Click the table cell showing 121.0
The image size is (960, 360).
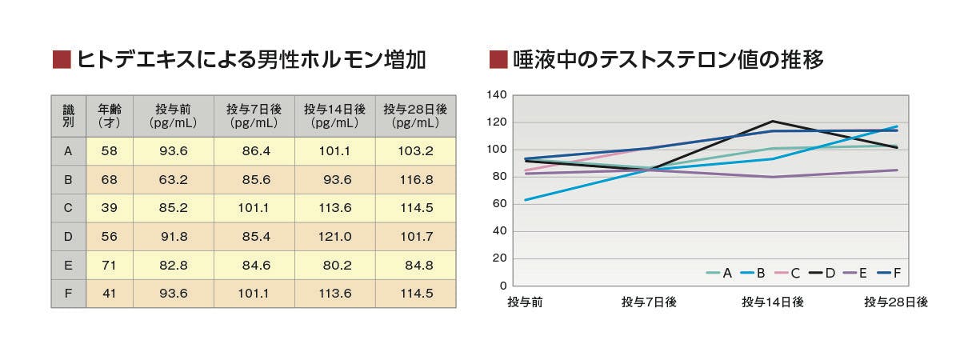point(335,236)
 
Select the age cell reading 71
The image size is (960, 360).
point(109,265)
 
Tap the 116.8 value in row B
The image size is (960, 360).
point(415,179)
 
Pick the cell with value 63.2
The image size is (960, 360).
point(173,179)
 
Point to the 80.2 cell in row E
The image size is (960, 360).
point(335,265)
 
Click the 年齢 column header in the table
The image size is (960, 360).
point(109,116)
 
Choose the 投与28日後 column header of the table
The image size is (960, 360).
point(415,116)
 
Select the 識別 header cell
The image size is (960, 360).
point(68,116)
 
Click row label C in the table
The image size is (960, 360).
point(68,207)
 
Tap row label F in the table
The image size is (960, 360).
point(68,294)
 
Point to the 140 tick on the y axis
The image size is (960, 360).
point(497,95)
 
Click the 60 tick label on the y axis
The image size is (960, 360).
point(499,204)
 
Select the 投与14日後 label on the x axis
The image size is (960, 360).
point(772,302)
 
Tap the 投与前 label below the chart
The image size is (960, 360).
point(525,302)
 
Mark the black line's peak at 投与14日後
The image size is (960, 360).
point(772,122)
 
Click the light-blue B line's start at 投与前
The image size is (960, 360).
point(525,200)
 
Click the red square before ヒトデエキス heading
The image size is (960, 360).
point(61,59)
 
